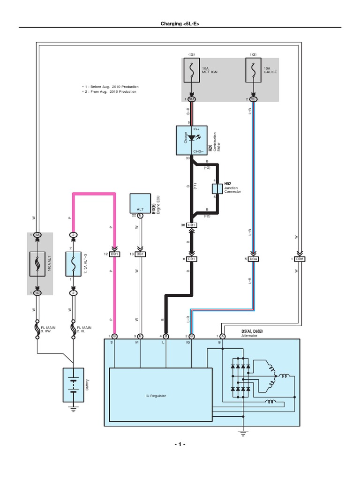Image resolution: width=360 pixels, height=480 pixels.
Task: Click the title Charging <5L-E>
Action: pyautogui.click(x=180, y=23)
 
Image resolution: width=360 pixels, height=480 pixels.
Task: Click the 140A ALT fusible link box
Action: pyautogui.click(x=37, y=263)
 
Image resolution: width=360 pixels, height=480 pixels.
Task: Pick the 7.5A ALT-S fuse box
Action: pyautogui.click(x=73, y=263)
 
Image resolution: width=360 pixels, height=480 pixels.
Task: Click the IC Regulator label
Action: pyautogui.click(x=156, y=396)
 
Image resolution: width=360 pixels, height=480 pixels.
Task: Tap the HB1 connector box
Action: pyautogui.click(x=192, y=225)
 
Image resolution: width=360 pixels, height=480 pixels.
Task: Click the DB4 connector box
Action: pyautogui.click(x=254, y=259)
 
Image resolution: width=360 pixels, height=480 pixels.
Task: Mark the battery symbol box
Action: pyautogui.click(x=74, y=385)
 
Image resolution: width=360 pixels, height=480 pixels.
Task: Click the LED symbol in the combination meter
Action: pyautogui.click(x=192, y=138)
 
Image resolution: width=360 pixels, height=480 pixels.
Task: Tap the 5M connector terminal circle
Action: pyautogui.click(x=192, y=99)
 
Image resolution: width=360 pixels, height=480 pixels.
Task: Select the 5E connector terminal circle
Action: pyautogui.click(x=254, y=99)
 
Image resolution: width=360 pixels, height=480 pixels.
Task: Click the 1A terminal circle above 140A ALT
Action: pyautogui.click(x=37, y=234)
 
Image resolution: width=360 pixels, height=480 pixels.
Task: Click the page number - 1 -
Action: pyautogui.click(x=180, y=443)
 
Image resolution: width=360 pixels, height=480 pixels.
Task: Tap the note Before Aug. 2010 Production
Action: pyautogui.click(x=111, y=87)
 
